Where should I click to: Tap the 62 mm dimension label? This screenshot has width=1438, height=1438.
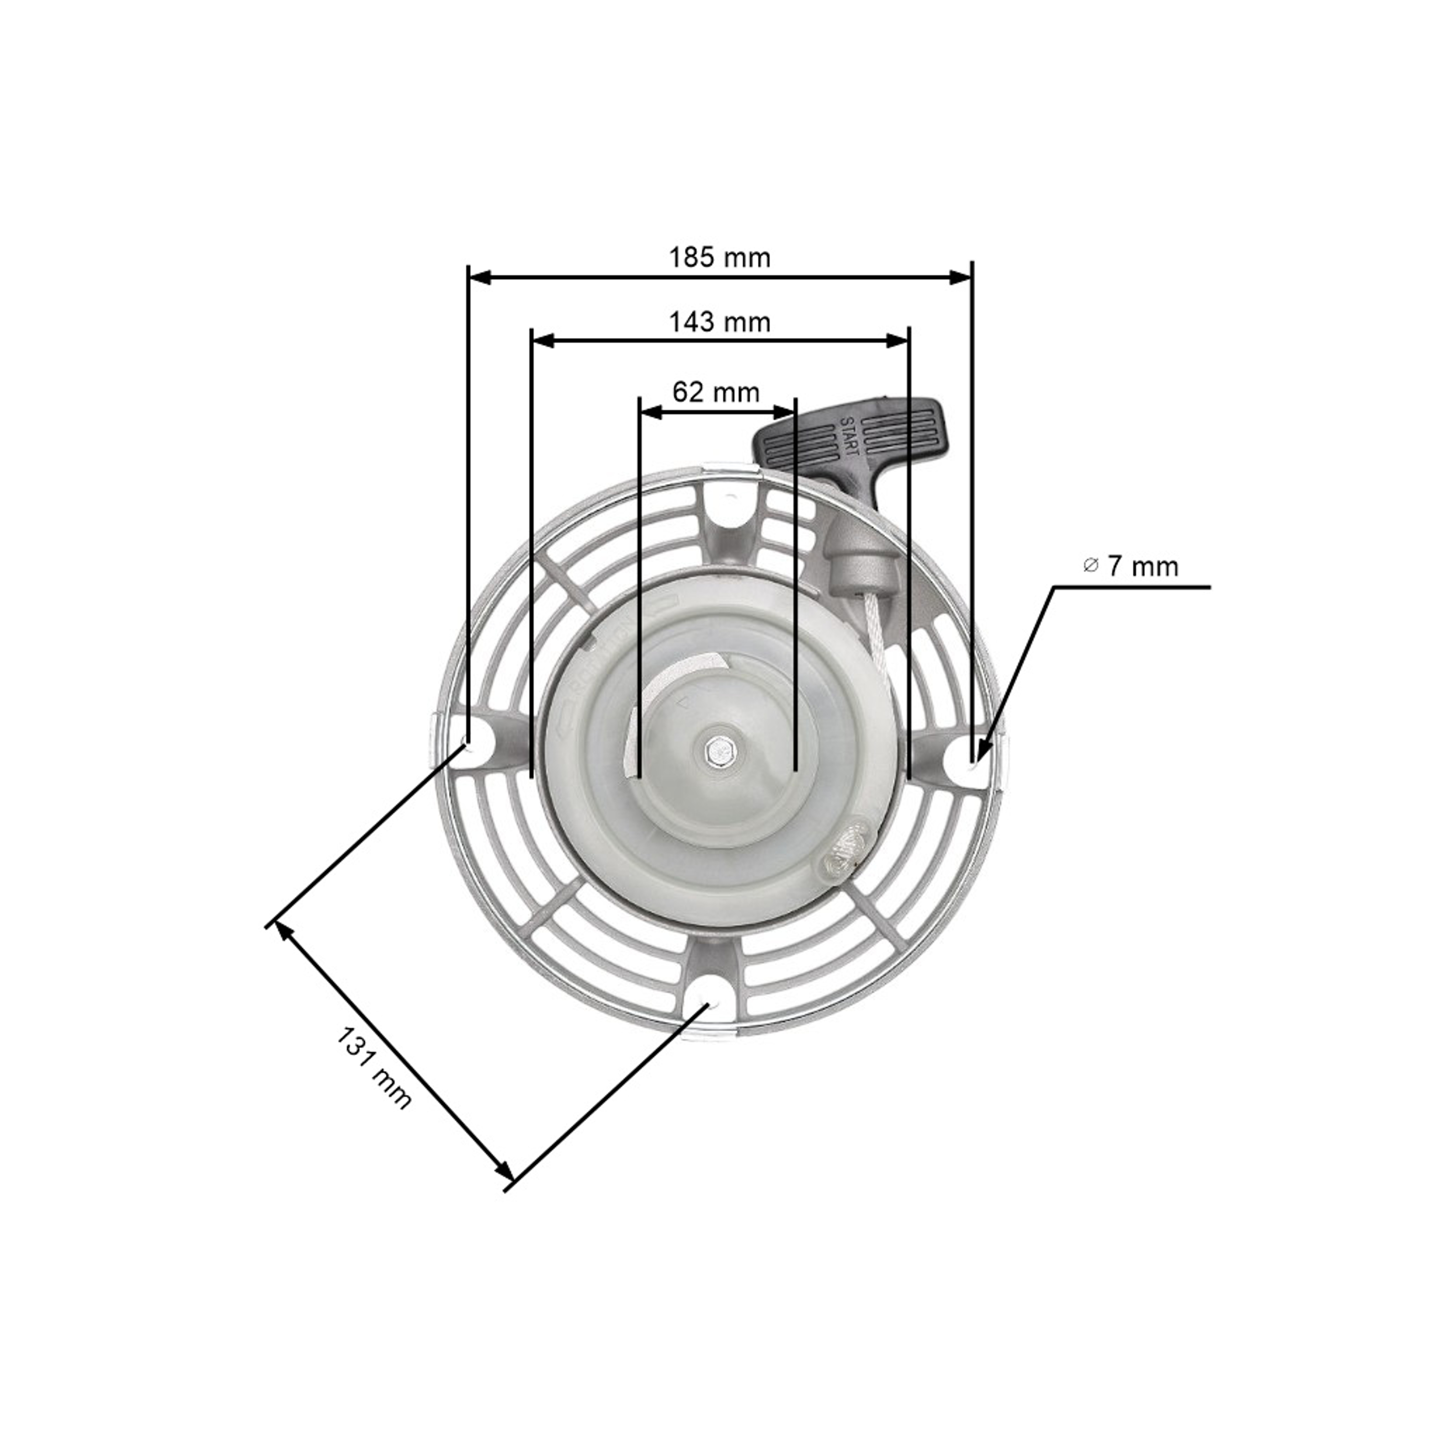click(x=716, y=392)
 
